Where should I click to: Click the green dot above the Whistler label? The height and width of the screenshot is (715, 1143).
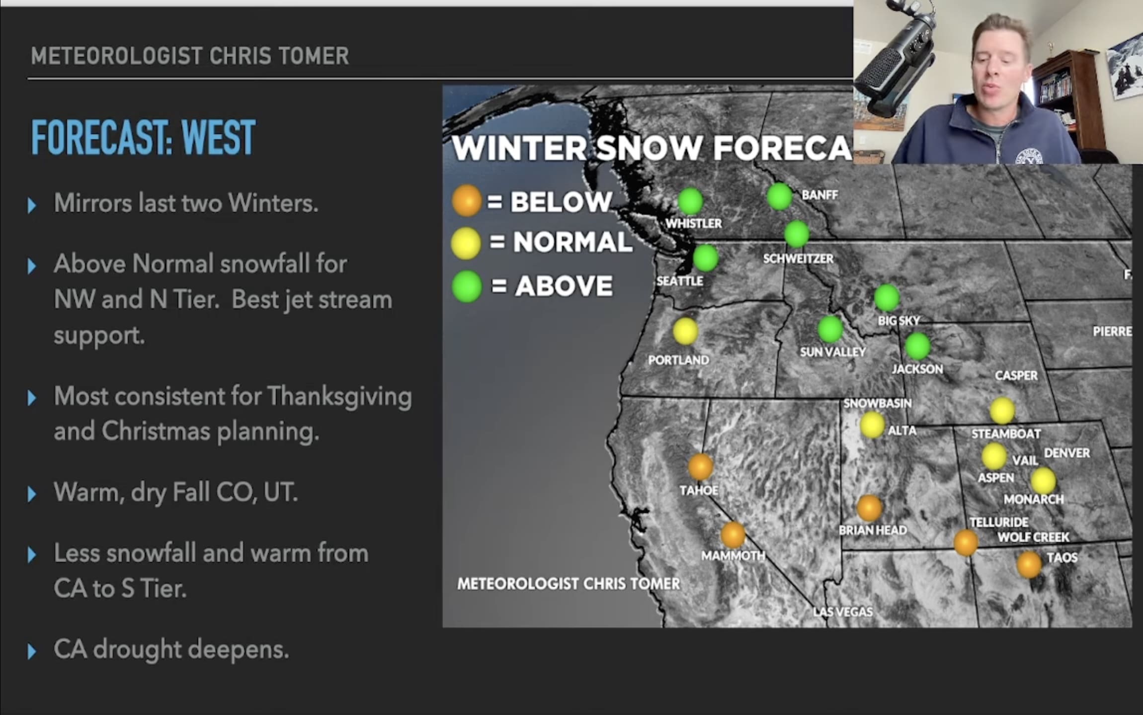[x=690, y=201]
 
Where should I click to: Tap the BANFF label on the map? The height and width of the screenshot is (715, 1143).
[x=819, y=195]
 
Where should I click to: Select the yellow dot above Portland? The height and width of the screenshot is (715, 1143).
[x=685, y=331]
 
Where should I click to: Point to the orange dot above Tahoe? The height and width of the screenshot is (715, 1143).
[x=700, y=466]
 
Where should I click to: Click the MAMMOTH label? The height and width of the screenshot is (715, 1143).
[x=733, y=555]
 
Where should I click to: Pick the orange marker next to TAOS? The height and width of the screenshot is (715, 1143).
[x=1029, y=564]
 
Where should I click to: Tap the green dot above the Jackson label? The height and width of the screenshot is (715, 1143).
[x=917, y=346]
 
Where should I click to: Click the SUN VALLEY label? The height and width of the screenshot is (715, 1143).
[x=833, y=352]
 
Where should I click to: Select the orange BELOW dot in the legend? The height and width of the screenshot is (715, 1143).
[x=466, y=201]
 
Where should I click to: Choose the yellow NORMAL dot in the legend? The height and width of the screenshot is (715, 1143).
[x=466, y=243]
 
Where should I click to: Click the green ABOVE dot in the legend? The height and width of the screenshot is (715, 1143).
[x=467, y=287]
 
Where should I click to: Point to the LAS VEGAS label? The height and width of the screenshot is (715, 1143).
[x=843, y=612]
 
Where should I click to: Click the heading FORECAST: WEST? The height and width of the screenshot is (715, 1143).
[x=143, y=137]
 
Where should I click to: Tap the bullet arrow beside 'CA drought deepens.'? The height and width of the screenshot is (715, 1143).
[x=32, y=651]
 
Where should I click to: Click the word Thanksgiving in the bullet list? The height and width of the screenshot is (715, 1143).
[x=339, y=396]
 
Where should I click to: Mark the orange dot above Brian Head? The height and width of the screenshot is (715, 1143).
[x=869, y=508]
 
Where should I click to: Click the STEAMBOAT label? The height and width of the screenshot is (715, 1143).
[x=1006, y=434]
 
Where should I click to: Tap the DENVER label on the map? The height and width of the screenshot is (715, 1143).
[x=1067, y=453]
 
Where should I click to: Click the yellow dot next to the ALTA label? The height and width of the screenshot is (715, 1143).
[x=872, y=425]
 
